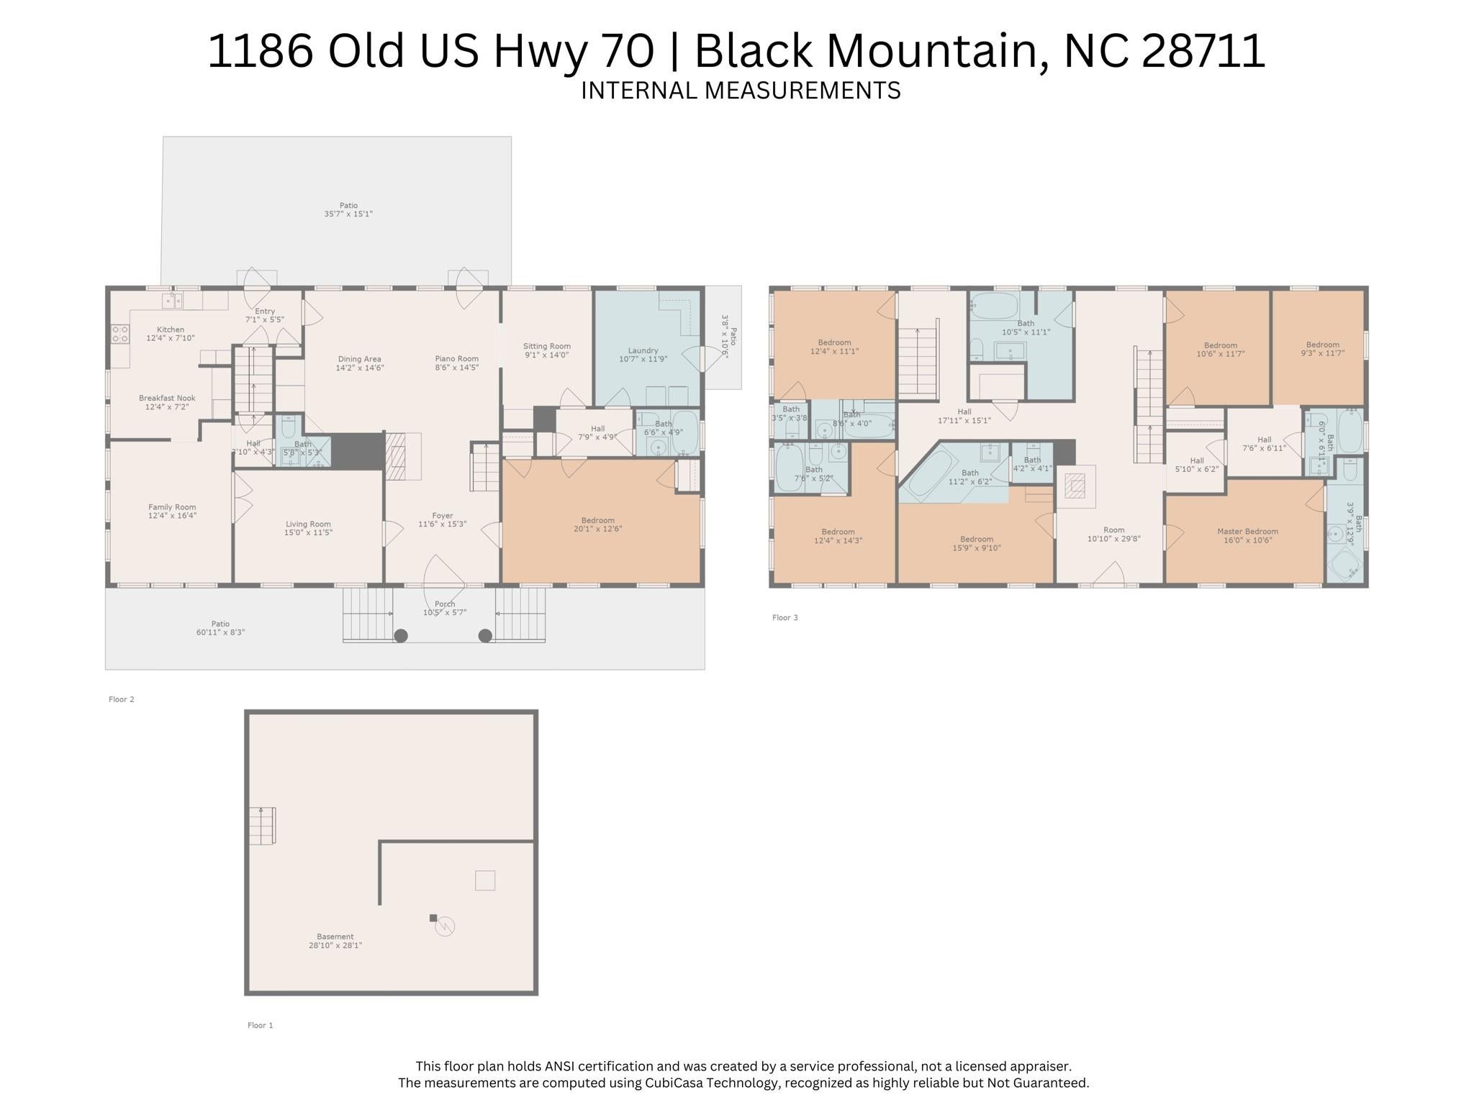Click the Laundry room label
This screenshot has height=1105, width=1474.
pyautogui.click(x=643, y=351)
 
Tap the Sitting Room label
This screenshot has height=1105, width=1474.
pyautogui.click(x=546, y=347)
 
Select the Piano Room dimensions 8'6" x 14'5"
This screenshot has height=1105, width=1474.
pyautogui.click(x=456, y=368)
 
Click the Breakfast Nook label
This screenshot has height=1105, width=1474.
pyautogui.click(x=167, y=398)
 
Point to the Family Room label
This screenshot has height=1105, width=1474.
pyautogui.click(x=172, y=507)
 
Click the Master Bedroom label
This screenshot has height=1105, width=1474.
pyautogui.click(x=1247, y=532)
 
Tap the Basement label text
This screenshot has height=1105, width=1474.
pyautogui.click(x=335, y=937)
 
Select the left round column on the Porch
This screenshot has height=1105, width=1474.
pyautogui.click(x=401, y=635)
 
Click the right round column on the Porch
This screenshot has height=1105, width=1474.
pyautogui.click(x=485, y=635)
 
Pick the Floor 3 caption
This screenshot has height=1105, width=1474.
pyautogui.click(x=785, y=617)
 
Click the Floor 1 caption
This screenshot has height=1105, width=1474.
pyautogui.click(x=260, y=1025)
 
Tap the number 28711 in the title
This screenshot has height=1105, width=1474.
pyautogui.click(x=1203, y=51)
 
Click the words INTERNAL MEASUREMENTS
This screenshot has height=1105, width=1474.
pyautogui.click(x=741, y=91)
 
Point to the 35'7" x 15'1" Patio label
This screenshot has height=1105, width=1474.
pyautogui.click(x=348, y=214)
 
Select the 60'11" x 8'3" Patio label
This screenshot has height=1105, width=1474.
pyautogui.click(x=220, y=632)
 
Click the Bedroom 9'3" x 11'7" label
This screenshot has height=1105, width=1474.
pyautogui.click(x=1322, y=345)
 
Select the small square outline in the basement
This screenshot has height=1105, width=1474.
pyautogui.click(x=484, y=880)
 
